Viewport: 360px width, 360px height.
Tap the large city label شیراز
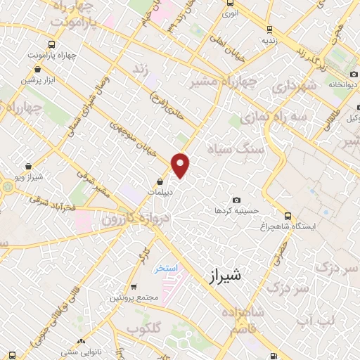coord(226,276)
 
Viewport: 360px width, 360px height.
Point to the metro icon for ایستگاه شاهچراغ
coord(286,216)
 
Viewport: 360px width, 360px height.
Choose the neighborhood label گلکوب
coord(147,328)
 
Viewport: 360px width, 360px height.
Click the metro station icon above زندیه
coord(269,30)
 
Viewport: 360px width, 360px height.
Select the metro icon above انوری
coord(229,4)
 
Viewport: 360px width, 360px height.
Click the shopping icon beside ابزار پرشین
coord(37,70)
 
